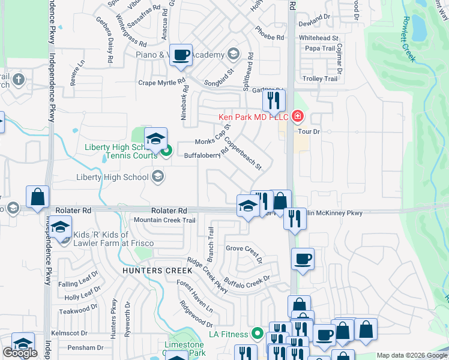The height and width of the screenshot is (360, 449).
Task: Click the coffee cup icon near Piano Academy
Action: pyautogui.click(x=181, y=56)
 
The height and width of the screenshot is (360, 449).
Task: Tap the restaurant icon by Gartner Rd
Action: pyautogui.click(x=274, y=101)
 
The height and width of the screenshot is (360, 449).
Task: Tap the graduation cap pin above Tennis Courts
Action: pyautogui.click(x=155, y=139)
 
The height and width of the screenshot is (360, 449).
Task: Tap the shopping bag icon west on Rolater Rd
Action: pyautogui.click(x=37, y=197)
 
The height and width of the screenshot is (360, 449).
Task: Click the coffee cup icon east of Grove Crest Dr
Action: pyautogui.click(x=302, y=260)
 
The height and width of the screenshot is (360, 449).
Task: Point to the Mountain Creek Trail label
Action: pyautogui.click(x=164, y=220)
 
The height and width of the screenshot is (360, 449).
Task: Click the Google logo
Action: pyautogui.click(x=20, y=353)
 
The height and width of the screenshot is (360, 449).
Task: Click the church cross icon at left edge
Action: pyautogui.click(x=19, y=79)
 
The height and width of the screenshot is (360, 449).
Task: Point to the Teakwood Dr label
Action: pyautogui.click(x=78, y=310)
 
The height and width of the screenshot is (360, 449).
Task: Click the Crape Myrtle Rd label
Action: pyautogui.click(x=162, y=83)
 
